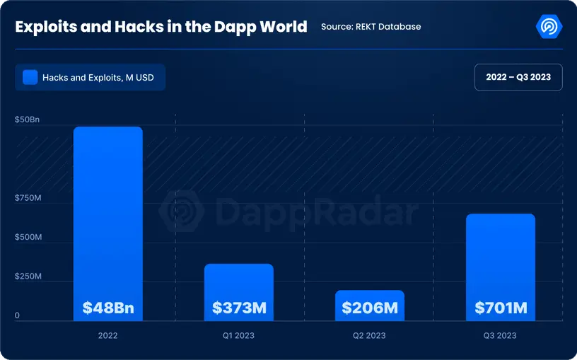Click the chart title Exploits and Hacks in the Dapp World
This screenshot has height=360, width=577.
(161, 27)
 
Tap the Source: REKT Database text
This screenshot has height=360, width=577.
(371, 27)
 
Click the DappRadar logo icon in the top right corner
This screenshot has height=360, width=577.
(549, 26)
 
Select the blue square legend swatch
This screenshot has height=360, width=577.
(30, 77)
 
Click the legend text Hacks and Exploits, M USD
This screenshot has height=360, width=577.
(98, 78)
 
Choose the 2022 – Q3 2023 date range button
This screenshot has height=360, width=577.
(518, 77)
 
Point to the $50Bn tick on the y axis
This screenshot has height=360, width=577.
(28, 120)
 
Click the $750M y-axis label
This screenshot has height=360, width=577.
(28, 198)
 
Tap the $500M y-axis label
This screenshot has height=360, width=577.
(28, 237)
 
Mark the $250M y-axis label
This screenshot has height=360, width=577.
(28, 277)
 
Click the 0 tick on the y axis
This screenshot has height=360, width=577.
(18, 315)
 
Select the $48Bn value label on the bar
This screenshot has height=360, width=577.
(108, 308)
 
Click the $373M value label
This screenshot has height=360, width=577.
(239, 308)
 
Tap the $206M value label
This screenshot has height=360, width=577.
(370, 308)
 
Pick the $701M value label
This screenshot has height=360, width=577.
(501, 308)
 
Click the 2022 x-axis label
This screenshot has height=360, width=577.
(108, 335)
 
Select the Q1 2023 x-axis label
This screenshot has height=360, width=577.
(239, 335)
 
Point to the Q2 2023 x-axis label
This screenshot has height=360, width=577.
(370, 335)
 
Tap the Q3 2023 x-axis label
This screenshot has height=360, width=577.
(501, 335)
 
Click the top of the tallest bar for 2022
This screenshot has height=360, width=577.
(108, 129)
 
